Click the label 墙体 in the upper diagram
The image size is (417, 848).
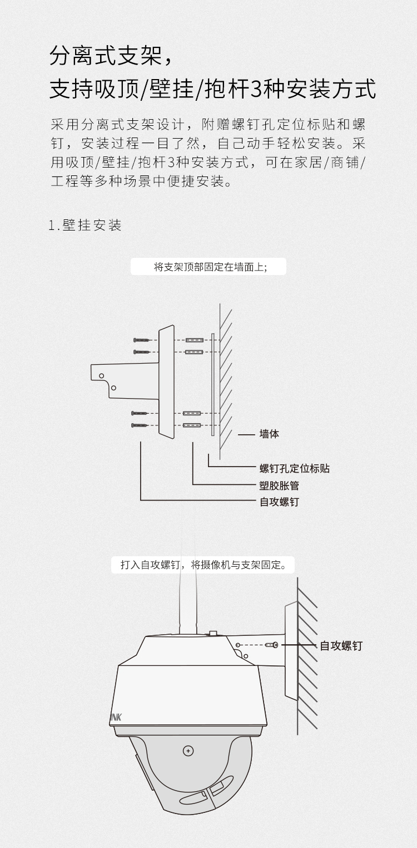(x=269, y=434)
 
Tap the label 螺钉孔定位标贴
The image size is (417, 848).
(x=295, y=468)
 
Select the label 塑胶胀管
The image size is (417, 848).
(x=279, y=486)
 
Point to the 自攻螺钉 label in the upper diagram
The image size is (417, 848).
(x=279, y=502)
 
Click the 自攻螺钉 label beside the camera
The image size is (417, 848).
(x=341, y=646)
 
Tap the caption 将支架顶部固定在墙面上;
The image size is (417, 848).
(x=209, y=267)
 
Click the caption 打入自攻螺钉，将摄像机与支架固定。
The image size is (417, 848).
(x=203, y=565)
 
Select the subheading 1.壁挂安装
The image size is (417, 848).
(x=85, y=226)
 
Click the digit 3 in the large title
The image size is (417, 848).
(x=256, y=89)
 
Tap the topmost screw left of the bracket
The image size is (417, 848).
(x=142, y=340)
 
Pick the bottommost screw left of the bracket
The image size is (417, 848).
(x=140, y=425)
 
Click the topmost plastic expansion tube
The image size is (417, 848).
(x=193, y=340)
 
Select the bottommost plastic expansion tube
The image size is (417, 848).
(x=192, y=425)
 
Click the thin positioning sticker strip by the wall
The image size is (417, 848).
(x=212, y=384)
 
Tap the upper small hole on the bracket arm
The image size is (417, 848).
(x=102, y=376)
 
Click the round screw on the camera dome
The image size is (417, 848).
(x=188, y=751)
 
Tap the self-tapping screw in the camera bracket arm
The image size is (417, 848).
(x=274, y=645)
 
